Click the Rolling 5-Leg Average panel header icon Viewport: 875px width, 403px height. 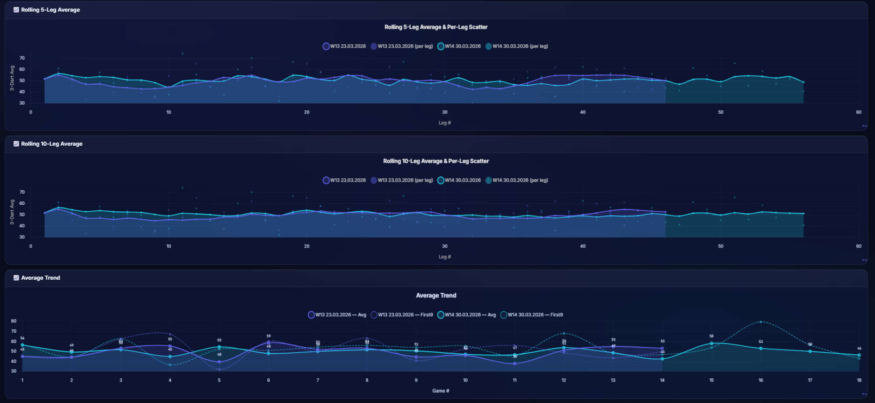[16, 10]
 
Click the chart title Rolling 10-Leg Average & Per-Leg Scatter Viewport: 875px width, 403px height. [436, 161]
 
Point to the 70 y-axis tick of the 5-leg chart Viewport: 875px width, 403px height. [22, 58]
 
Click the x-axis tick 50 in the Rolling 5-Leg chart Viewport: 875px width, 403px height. [720, 112]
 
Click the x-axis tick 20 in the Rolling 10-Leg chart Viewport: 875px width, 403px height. [306, 246]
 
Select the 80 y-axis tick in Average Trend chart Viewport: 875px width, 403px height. [14, 321]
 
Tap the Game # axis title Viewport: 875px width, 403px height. [440, 391]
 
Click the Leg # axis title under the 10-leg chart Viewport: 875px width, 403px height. [444, 257]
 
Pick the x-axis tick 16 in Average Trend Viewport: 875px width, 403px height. [761, 380]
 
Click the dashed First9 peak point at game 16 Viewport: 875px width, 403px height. [761, 322]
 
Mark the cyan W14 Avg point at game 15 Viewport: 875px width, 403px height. [711, 343]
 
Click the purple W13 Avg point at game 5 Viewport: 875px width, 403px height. [219, 362]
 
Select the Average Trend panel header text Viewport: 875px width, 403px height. [40, 278]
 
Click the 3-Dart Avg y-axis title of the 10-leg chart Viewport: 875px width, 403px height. [12, 212]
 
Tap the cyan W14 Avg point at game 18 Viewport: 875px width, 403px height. [859, 355]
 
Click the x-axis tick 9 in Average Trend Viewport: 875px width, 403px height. [416, 380]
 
